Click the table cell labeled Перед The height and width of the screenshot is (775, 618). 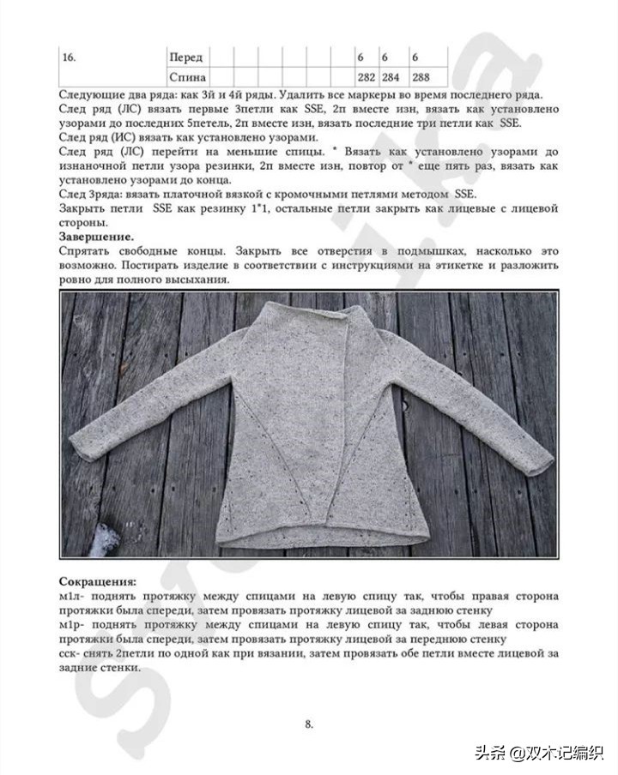point(186,57)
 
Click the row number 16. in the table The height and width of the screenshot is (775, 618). point(70,57)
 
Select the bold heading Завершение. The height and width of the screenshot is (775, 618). point(96,236)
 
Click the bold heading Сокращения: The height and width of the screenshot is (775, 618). point(97,580)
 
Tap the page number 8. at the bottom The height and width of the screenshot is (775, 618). point(309,724)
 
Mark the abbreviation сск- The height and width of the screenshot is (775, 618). point(72,654)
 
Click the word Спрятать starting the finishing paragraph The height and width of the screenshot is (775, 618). point(88,251)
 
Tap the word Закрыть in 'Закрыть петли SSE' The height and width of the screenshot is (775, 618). point(83,208)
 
